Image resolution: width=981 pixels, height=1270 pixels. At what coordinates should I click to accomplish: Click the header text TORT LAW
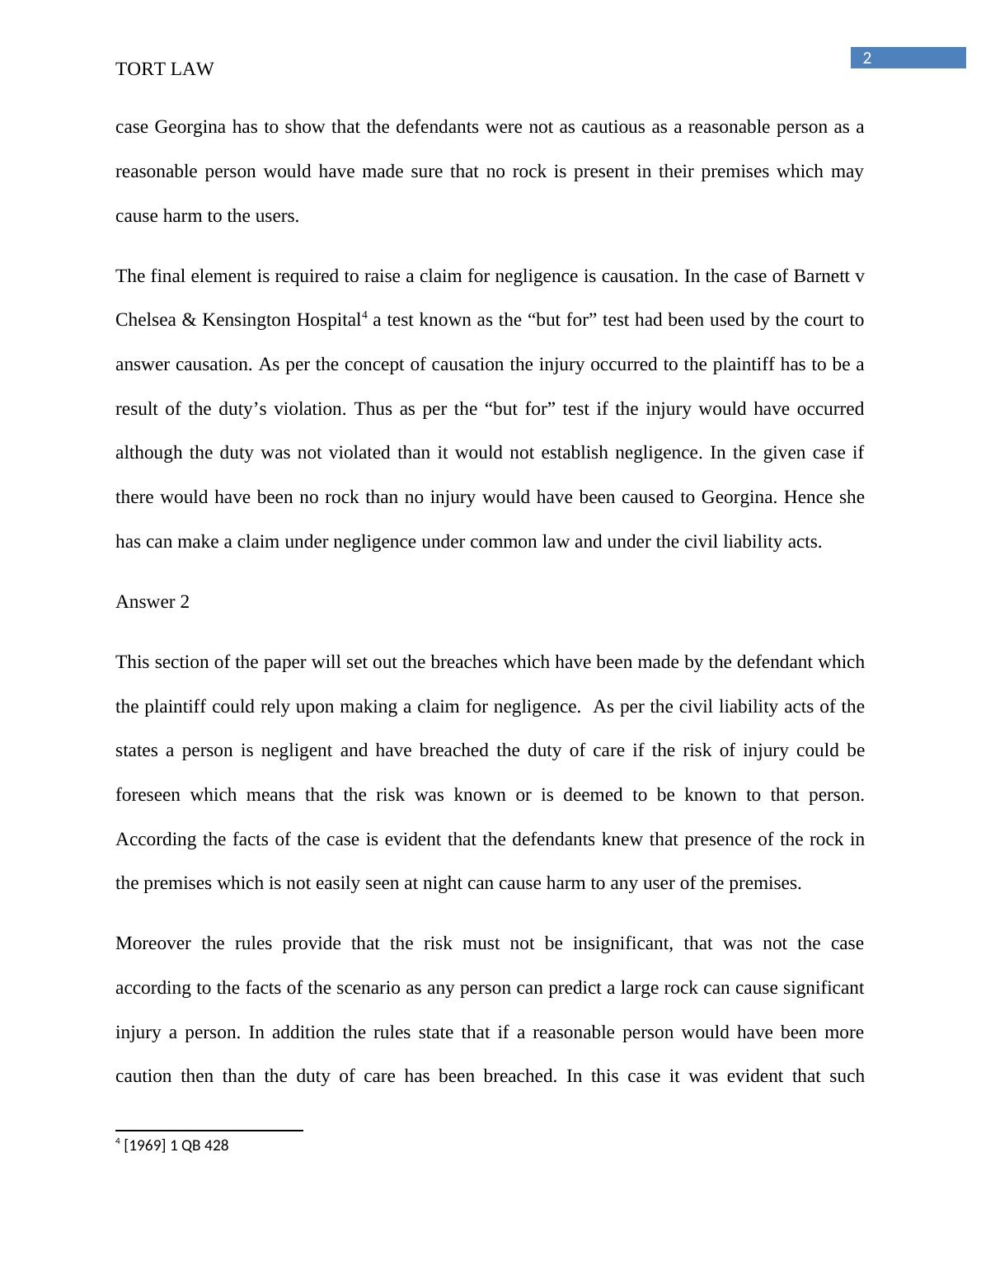[x=164, y=69]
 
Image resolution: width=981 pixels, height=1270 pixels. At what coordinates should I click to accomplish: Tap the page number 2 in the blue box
[x=866, y=59]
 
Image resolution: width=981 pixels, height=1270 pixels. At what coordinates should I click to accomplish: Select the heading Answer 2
[x=153, y=602]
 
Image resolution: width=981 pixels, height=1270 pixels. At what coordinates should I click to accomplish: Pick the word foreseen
[x=148, y=795]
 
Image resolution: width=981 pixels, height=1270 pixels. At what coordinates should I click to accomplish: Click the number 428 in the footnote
[x=217, y=1145]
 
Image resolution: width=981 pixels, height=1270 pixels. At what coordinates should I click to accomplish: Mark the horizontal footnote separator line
[x=209, y=1131]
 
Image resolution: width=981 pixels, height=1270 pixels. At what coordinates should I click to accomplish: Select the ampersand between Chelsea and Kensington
[x=189, y=320]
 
